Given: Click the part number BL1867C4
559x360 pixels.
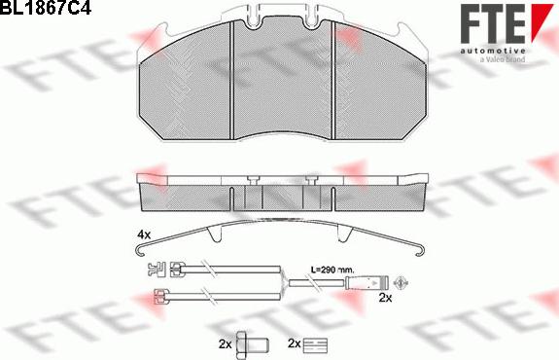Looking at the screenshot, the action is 46,7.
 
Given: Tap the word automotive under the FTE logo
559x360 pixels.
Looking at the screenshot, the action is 493,51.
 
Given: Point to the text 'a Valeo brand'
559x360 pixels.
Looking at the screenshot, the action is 503,59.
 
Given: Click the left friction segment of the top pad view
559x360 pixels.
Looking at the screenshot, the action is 186,84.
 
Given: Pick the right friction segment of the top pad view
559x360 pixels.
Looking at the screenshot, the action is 381,84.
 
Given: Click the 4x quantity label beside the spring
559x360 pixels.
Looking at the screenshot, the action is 144,234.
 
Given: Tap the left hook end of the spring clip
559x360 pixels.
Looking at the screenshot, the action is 140,252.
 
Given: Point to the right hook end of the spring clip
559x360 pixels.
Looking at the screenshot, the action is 420,252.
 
